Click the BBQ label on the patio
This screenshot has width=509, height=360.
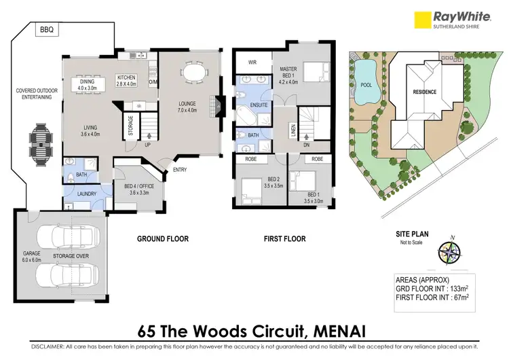click(x=46, y=30)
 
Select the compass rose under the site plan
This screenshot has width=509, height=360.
click(x=449, y=252)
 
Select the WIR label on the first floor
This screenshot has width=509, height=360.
click(x=252, y=62)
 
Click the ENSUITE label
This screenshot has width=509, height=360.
click(x=258, y=106)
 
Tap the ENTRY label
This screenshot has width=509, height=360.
click(x=180, y=170)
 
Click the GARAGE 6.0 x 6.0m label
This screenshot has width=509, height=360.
click(x=32, y=256)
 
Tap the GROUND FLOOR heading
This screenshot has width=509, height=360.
click(x=163, y=239)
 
